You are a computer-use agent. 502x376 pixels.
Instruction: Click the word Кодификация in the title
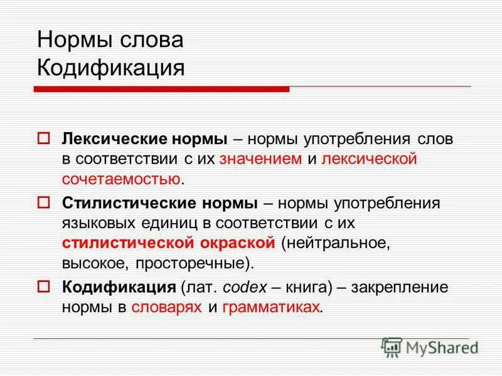tap(110, 68)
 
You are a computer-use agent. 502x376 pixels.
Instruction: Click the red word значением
tap(261, 159)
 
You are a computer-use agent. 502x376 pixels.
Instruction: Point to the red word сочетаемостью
tap(120, 180)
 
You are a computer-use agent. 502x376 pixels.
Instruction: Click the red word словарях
tap(167, 308)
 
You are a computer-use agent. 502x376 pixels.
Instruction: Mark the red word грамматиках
tap(271, 308)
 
